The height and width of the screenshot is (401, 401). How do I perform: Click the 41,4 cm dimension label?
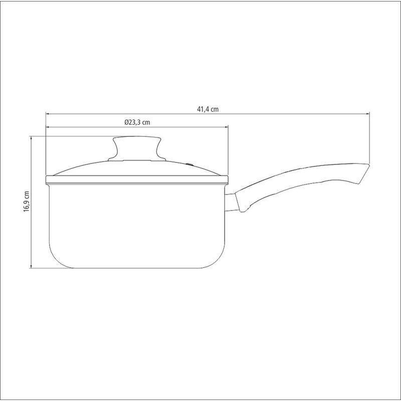coord(208,109)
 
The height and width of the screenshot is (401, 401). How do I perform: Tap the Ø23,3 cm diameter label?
coord(137,122)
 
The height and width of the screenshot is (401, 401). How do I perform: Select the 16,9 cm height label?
coord(27,202)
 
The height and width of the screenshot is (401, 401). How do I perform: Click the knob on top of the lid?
coord(137,148)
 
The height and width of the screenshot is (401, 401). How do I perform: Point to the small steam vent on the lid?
coord(190,164)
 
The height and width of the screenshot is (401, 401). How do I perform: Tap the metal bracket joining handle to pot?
coord(230,203)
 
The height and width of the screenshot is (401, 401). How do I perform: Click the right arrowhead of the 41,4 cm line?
coord(368,114)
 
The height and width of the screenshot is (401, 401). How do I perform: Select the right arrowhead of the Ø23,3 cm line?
coord(226,127)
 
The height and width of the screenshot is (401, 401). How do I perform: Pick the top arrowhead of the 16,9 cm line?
coord(31,138)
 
